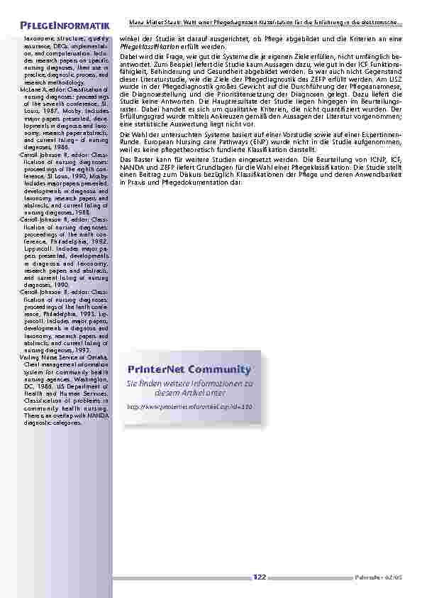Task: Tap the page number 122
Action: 259,577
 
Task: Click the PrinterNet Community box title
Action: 189,369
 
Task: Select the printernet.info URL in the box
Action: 189,406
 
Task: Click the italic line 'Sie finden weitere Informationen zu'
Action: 189,383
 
